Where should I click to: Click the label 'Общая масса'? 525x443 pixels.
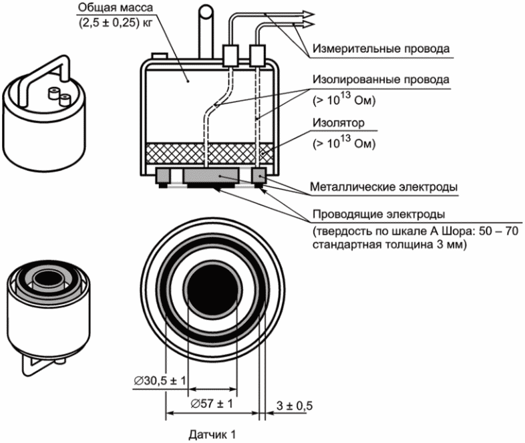click(115, 7)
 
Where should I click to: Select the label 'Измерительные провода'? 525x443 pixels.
click(381, 49)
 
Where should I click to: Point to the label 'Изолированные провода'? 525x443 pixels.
click(381, 80)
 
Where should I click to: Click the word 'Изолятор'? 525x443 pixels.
click(339, 123)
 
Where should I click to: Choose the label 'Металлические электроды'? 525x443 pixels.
click(383, 186)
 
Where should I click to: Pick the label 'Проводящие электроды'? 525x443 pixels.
click(379, 214)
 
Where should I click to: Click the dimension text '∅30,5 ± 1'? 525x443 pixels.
click(160, 381)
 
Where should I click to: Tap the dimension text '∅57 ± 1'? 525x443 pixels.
click(212, 404)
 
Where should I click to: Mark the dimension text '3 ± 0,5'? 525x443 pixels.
click(295, 406)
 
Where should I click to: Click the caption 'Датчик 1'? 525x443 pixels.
click(212, 434)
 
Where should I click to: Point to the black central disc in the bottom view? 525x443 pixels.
click(213, 289)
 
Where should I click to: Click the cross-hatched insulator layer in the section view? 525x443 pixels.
click(209, 154)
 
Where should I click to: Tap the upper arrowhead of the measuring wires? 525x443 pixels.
click(307, 14)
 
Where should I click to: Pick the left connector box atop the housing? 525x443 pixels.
click(230, 55)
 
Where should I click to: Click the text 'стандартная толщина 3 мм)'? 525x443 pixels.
click(389, 245)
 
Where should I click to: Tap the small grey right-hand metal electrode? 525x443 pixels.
click(258, 175)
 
